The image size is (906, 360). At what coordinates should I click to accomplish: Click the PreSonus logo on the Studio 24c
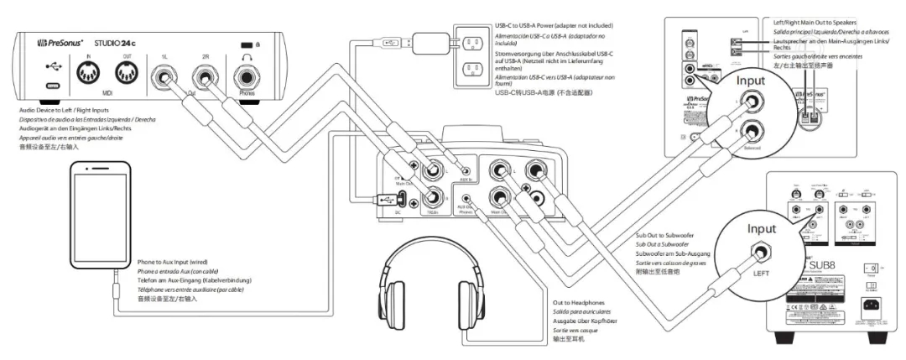(x=64, y=42)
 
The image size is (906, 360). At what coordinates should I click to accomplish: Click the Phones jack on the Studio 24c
(x=247, y=81)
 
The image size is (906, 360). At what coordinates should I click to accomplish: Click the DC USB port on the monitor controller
(x=402, y=200)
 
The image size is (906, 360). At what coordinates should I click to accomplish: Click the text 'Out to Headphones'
(x=579, y=301)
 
